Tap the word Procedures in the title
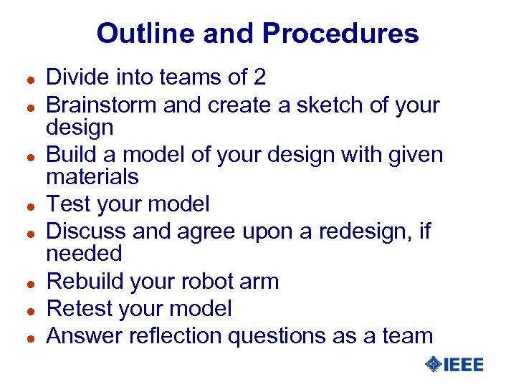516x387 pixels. pos(340,34)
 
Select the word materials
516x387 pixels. pos(92,176)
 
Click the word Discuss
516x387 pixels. pos(87,231)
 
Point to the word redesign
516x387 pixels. pos(353,231)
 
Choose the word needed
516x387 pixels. pos(84,253)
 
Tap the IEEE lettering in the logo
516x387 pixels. pos(464,365)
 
